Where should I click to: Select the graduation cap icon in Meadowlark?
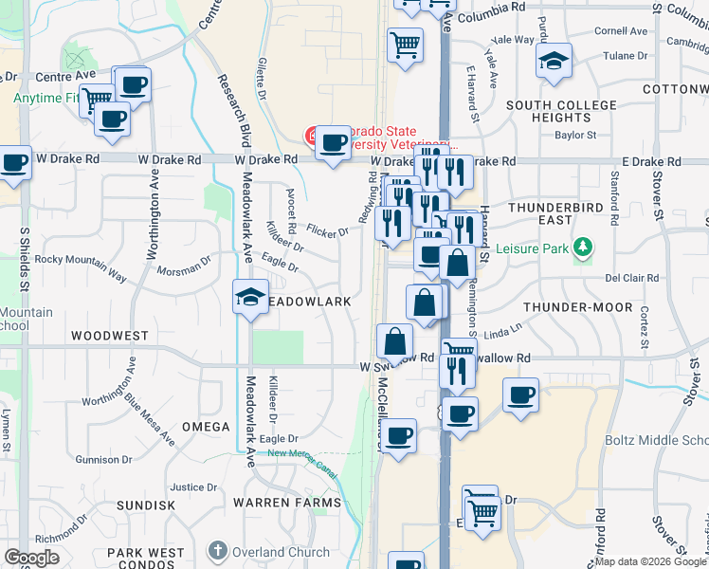(250, 297)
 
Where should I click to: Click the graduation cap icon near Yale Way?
(554, 63)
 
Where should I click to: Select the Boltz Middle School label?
(657, 441)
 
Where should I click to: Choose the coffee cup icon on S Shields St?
(14, 163)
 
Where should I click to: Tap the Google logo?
(32, 558)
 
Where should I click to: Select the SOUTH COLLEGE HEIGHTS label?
(548, 111)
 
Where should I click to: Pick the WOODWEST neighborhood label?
(109, 336)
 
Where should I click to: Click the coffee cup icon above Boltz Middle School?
(520, 395)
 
